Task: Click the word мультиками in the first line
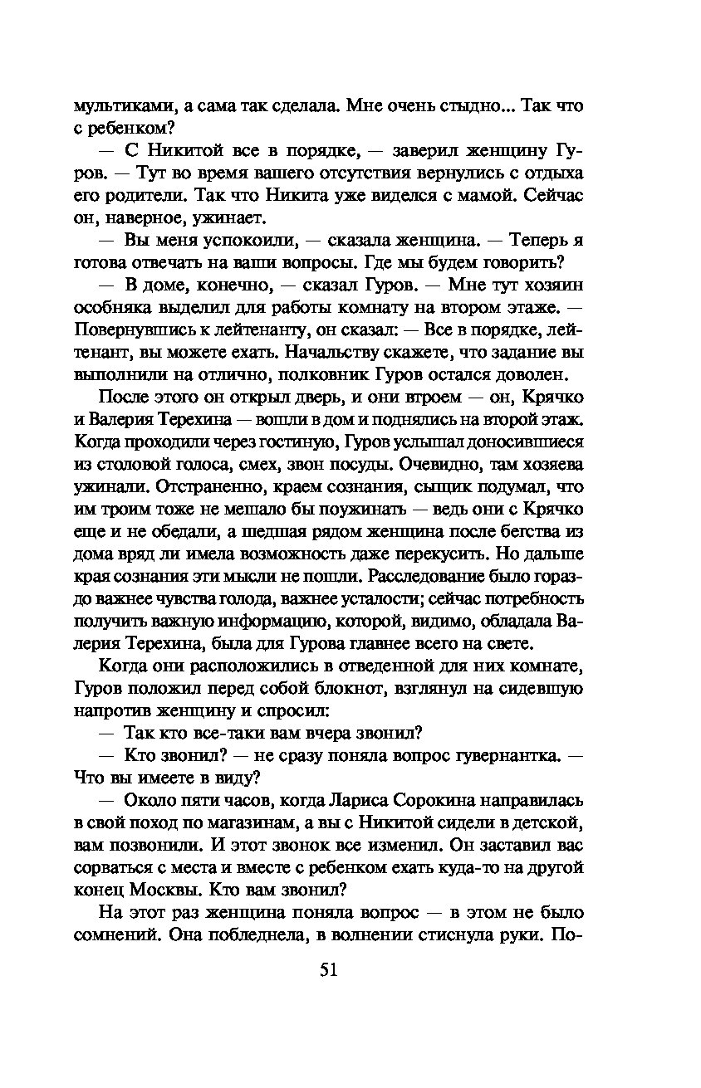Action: [x=123, y=106]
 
